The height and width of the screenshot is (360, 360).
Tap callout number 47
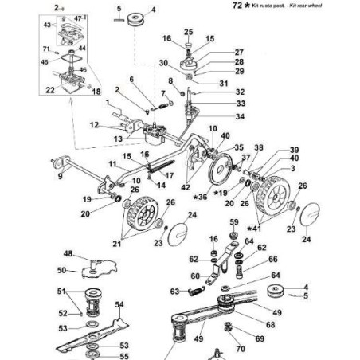77,17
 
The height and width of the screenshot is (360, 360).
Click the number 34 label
217,116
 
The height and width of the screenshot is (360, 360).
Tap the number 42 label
185,186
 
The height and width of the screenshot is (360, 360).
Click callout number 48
68,255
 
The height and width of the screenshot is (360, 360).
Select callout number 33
218,104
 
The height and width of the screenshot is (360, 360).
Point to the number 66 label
272,259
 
